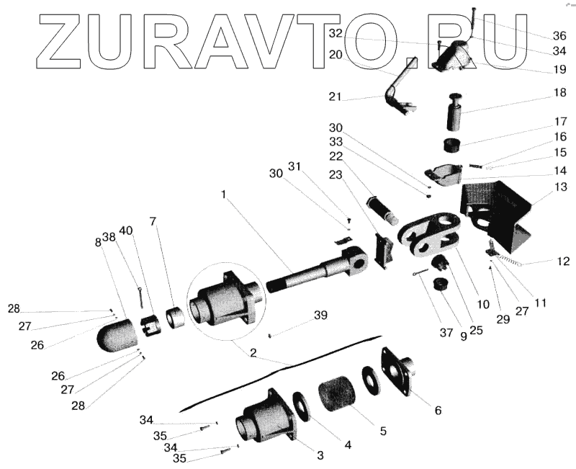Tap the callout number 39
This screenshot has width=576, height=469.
pyautogui.click(x=320, y=316)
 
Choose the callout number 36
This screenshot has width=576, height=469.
pyautogui.click(x=559, y=35)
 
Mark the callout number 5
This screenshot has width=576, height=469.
pyautogui.click(x=383, y=431)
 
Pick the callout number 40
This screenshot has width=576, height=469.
pyautogui.click(x=127, y=231)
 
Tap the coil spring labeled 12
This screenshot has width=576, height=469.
pyautogui.click(x=508, y=260)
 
